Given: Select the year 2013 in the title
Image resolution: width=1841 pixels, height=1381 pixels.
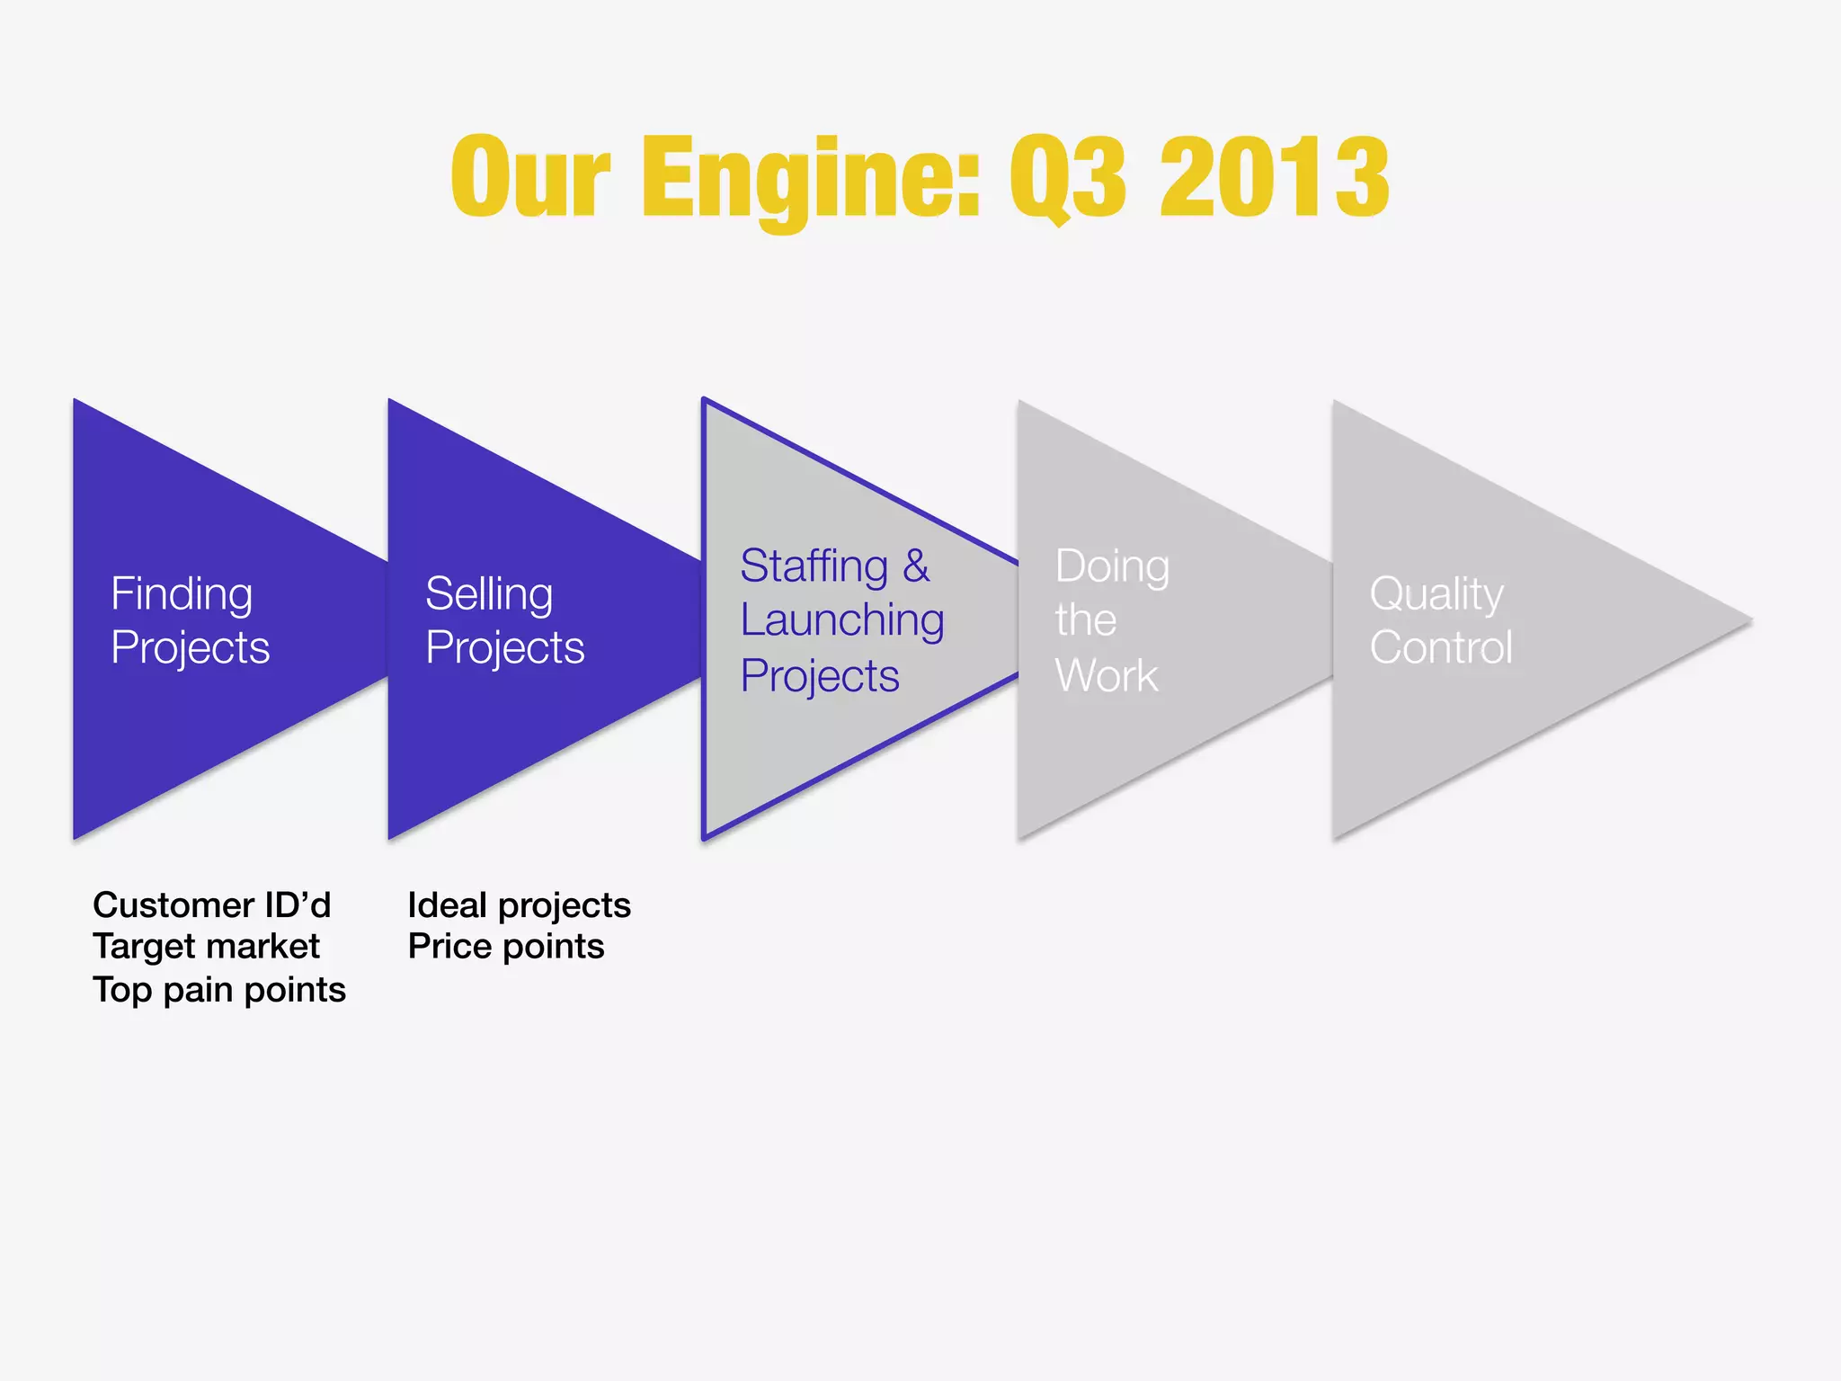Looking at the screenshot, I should coord(1275,177).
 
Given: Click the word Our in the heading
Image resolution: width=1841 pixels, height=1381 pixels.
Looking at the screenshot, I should coord(530,177).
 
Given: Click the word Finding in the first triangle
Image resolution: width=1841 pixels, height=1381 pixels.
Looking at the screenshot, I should coord(182,594).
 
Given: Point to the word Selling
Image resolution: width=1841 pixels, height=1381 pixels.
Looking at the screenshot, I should coord(489,594).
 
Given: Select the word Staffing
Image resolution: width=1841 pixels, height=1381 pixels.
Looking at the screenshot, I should coord(814,566).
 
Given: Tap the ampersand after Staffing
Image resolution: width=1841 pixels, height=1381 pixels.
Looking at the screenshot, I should coord(916,566).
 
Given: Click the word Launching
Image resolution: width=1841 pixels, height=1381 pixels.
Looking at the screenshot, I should coord(842,621).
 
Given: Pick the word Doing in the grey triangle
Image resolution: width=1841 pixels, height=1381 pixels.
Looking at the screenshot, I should coord(1112,566).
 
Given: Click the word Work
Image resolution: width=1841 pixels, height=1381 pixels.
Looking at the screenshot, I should coord(1107,675).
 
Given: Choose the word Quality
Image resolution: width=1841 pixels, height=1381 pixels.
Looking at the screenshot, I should coord(1436,594).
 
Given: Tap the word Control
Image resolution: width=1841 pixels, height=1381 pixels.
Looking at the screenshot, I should coord(1441,647).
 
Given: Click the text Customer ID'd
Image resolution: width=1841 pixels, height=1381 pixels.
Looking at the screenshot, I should coord(212,904).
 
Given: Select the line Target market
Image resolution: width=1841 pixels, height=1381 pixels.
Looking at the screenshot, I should coord(206,947).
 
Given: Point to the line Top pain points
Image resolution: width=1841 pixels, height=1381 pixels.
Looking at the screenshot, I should coord(219,989).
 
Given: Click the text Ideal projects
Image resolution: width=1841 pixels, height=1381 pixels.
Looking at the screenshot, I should coord(519,904).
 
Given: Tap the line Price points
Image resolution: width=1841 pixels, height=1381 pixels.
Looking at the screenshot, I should coord(506,947).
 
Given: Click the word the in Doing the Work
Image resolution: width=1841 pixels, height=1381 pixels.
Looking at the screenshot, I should coord(1086,620).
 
